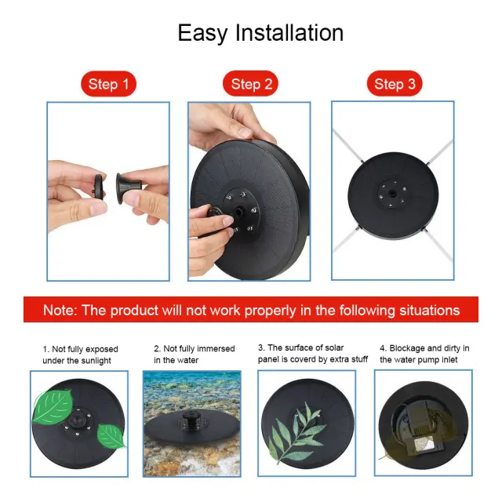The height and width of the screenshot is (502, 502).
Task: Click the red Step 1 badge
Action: click(108, 84)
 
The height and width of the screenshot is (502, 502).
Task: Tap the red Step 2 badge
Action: click(250, 84)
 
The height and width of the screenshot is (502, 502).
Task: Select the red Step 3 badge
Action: click(395, 84)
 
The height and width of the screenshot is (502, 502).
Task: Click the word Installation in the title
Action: click(289, 33)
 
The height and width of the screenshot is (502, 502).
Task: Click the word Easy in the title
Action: click(202, 33)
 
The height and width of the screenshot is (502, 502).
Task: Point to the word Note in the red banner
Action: click(60, 310)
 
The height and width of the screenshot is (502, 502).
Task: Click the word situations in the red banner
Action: click(429, 310)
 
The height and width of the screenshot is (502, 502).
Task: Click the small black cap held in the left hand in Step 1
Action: click(99, 187)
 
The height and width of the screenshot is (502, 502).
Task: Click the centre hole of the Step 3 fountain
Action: click(392, 193)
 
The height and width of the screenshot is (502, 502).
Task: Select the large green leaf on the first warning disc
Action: click(53, 406)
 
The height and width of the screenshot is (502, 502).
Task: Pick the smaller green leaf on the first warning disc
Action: click(111, 436)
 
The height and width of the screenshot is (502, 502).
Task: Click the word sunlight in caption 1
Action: click(94, 361)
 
